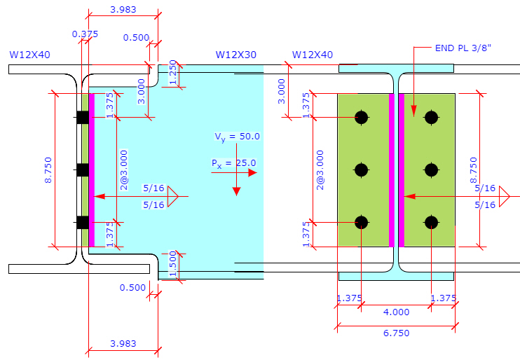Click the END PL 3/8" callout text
coord(463,48)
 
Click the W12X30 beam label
coord(235,55)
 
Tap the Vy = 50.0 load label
coord(237,137)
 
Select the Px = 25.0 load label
coord(234,163)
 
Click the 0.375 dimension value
coord(85,34)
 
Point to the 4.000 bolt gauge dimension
coord(396,312)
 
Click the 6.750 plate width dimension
coord(396,333)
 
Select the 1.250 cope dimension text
coord(172,73)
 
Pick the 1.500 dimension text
coord(172,264)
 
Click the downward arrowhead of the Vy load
coord(236,191)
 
